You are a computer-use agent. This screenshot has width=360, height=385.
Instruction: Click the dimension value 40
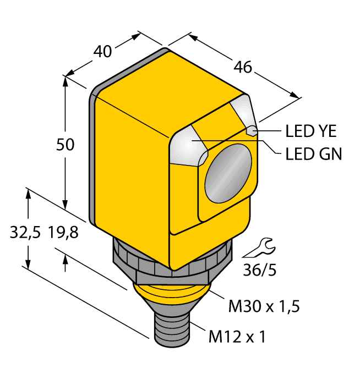(x=102, y=52)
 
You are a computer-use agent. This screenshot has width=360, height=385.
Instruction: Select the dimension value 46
(x=242, y=67)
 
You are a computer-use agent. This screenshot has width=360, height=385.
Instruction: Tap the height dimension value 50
(x=66, y=145)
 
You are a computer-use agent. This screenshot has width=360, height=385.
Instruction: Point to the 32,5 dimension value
(x=25, y=233)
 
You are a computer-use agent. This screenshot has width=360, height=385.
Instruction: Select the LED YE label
(x=311, y=131)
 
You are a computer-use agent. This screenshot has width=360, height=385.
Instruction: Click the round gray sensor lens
(x=228, y=175)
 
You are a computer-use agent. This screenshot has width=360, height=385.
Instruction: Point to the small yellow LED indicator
(x=252, y=131)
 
